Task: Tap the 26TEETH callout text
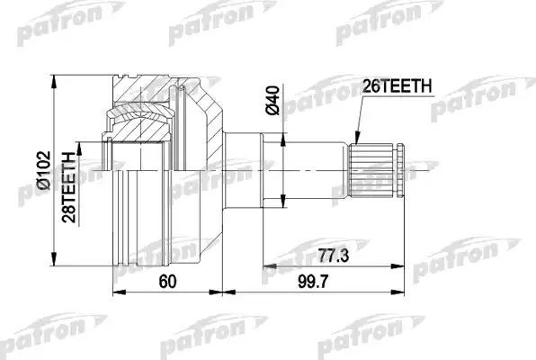(x=397, y=86)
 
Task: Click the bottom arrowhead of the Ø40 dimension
(x=284, y=205)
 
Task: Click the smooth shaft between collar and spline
(x=306, y=169)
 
